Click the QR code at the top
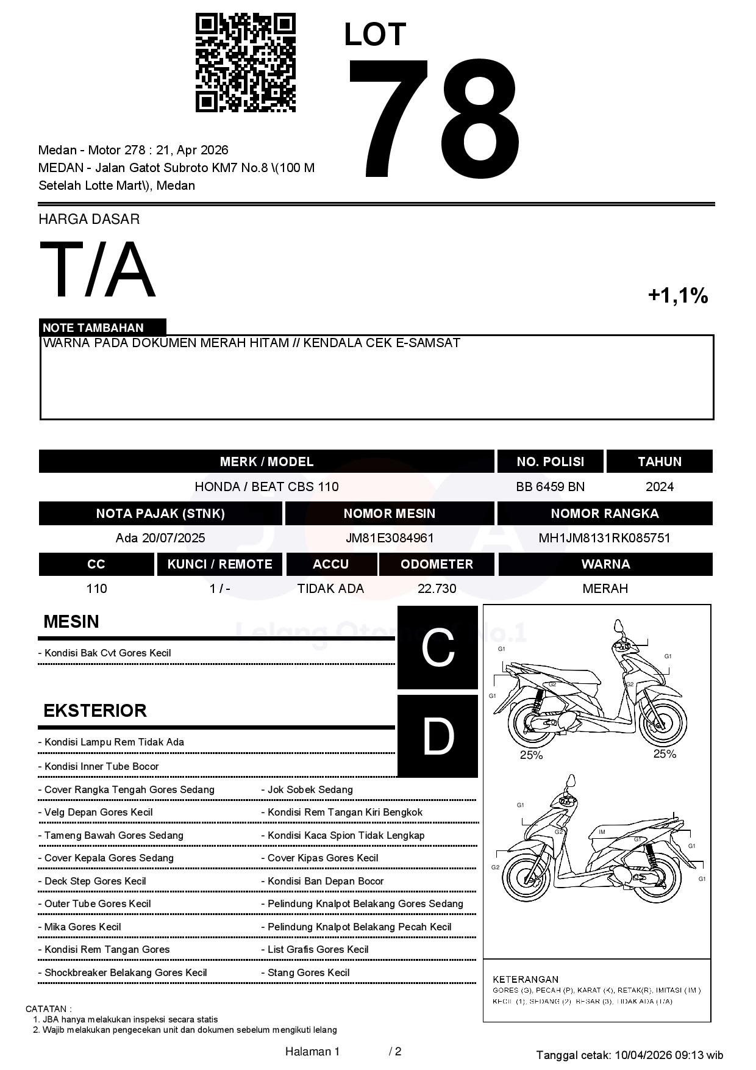245,63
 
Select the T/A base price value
98,270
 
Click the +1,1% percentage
677,296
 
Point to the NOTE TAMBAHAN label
93,328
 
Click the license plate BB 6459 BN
550,487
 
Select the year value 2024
659,487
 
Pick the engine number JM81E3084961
390,538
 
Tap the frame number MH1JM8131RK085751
604,538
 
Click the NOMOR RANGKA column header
604,514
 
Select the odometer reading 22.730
437,589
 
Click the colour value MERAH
605,589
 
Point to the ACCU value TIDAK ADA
330,589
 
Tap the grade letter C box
438,648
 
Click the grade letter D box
438,736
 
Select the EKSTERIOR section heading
95,711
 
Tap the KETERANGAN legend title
526,979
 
